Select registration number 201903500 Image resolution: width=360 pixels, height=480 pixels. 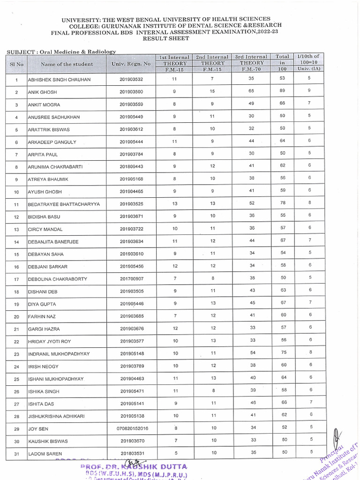tap(131, 92)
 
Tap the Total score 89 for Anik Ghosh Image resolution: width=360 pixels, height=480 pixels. tap(282, 91)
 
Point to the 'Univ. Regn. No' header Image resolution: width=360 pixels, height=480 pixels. tap(131, 64)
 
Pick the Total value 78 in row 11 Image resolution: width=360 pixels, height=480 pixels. tap(282, 203)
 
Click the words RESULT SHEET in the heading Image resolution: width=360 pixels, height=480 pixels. tap(166, 39)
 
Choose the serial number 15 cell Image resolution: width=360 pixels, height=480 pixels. tap(16, 254)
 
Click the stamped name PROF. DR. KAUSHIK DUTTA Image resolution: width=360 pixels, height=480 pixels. tap(134, 467)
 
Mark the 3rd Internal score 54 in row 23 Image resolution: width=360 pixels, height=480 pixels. tap(252, 352)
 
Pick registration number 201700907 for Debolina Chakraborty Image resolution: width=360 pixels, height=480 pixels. tap(131, 279)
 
